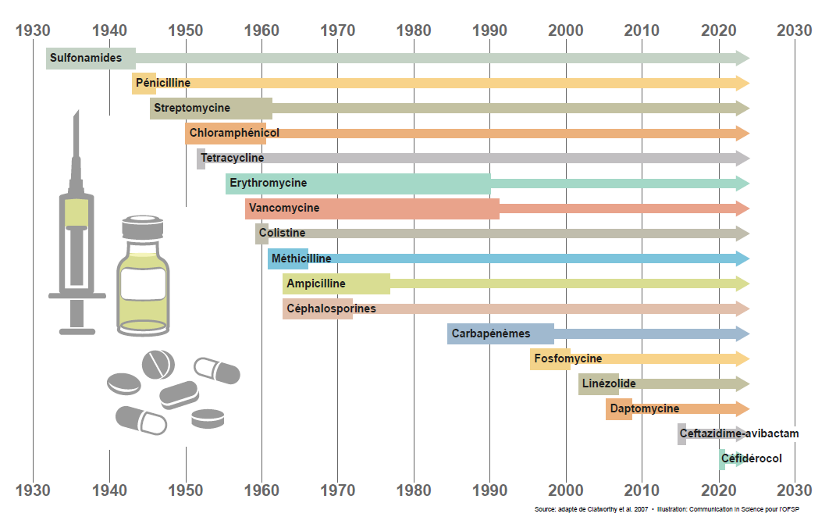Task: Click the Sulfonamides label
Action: click(x=85, y=58)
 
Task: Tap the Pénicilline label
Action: click(x=162, y=83)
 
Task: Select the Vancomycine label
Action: click(x=284, y=209)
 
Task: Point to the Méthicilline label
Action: click(x=301, y=258)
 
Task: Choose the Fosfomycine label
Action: click(x=568, y=358)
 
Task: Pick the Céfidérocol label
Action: click(x=752, y=458)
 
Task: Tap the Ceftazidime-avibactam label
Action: click(x=739, y=433)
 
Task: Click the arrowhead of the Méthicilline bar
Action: click(x=742, y=258)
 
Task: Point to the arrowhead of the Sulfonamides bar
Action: click(x=742, y=58)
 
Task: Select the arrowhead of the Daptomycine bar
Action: click(x=742, y=408)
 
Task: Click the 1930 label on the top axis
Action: click(x=34, y=30)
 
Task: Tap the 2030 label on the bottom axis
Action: click(x=795, y=490)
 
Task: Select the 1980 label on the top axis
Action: click(x=414, y=30)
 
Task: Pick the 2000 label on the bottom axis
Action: click(x=566, y=490)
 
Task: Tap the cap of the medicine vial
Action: click(x=141, y=229)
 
